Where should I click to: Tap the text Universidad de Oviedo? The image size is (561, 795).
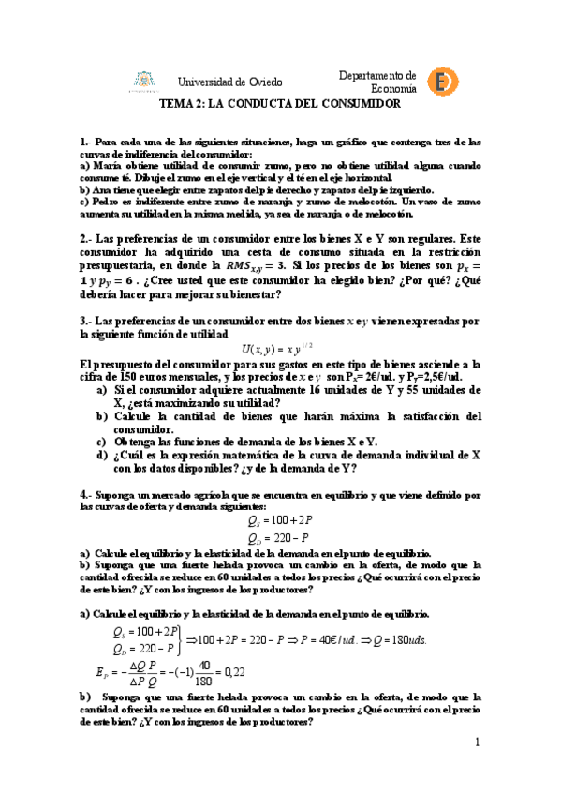(229, 82)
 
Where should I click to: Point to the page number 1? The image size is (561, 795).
(476, 742)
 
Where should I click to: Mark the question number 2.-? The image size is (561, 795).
(86, 239)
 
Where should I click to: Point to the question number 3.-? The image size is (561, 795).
(86, 321)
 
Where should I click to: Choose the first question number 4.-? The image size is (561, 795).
(86, 493)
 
